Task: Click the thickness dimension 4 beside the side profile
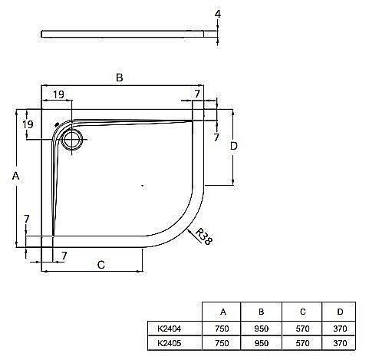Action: point(219,15)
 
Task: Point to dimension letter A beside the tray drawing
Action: point(15,176)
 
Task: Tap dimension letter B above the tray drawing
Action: point(119,77)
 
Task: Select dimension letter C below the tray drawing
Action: point(100,265)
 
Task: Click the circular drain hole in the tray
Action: point(74,140)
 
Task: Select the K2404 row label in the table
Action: point(170,328)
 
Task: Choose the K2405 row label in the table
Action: point(170,342)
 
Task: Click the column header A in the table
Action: point(222,312)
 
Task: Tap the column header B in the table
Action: point(262,312)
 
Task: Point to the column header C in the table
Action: point(301,312)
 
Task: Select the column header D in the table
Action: point(341,312)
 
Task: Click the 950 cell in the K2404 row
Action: point(262,328)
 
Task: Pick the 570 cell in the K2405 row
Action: point(301,342)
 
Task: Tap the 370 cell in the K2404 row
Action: point(341,328)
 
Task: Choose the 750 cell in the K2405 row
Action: point(222,342)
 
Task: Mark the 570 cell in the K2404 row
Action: point(301,328)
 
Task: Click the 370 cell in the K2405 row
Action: point(341,342)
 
